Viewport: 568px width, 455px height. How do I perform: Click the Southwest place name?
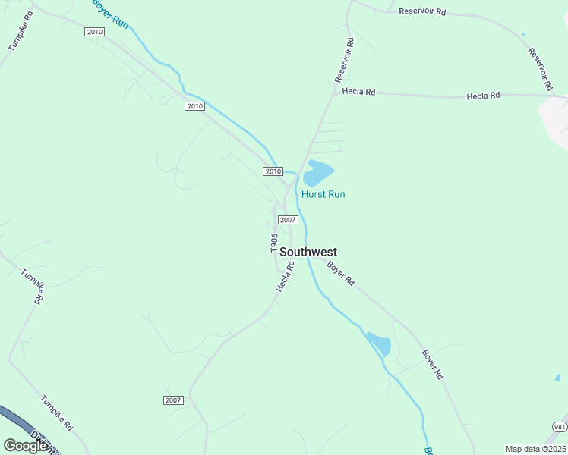308,252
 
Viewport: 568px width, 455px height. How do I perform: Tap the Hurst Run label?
323,194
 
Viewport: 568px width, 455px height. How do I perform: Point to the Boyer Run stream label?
109,14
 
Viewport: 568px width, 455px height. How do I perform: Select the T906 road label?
274,243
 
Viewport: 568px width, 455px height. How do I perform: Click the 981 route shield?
559,426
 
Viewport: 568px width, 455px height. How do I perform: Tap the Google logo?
26,446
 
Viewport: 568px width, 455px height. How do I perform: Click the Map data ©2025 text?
535,449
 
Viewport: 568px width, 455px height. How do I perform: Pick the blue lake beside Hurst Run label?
317,174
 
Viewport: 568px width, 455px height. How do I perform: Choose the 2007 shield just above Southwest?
287,220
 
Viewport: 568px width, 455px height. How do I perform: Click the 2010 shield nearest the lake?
273,171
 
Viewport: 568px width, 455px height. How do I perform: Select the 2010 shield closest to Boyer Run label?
94,32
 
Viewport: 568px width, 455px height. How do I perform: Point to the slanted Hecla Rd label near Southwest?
285,277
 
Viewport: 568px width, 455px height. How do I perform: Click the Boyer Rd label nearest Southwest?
340,273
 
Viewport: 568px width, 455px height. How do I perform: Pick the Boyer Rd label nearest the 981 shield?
432,364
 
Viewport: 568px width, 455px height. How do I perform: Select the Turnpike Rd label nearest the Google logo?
56,413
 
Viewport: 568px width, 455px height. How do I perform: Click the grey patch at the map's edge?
554,121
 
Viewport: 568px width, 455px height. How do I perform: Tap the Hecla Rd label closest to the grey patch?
484,96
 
